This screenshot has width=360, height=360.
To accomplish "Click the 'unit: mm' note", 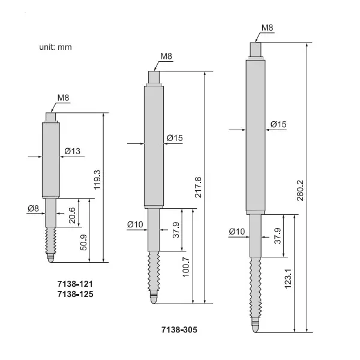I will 56,47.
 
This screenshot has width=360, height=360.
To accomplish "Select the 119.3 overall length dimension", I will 97,179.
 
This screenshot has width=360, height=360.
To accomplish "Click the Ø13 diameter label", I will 72,151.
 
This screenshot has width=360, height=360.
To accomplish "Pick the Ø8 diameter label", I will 34,208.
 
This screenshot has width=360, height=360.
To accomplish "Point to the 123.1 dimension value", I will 288,286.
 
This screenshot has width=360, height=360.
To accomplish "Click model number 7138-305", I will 179,329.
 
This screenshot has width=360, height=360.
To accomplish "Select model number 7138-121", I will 74,283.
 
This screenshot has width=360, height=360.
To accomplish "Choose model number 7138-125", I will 74,294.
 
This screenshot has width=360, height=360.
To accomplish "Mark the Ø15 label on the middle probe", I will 175,138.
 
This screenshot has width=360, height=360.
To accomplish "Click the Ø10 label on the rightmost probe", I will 238,231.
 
